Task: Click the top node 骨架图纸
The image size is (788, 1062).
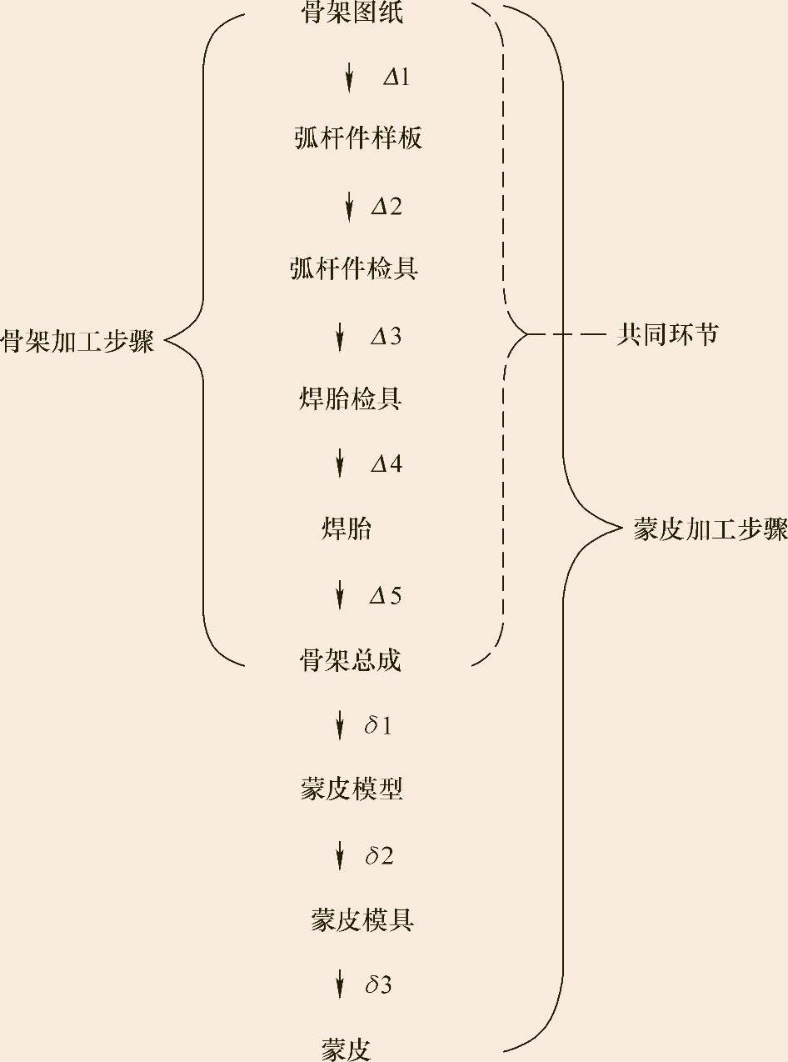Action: click(x=352, y=13)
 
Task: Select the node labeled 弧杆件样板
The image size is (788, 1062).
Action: click(x=358, y=138)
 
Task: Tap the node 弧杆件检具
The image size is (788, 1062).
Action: click(x=354, y=268)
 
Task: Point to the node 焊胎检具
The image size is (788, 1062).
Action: click(x=351, y=398)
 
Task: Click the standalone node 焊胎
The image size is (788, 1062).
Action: click(x=347, y=529)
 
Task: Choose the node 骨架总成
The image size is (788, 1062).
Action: click(x=351, y=661)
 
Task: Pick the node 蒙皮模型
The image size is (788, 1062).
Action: click(x=352, y=789)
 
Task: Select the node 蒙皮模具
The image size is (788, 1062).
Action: click(x=362, y=920)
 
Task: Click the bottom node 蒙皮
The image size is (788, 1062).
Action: click(x=346, y=1049)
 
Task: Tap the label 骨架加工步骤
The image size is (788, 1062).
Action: click(x=77, y=342)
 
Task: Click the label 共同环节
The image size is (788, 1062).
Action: click(x=667, y=336)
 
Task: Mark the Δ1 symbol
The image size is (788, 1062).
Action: click(x=396, y=78)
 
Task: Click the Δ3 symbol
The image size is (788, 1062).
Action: click(x=386, y=337)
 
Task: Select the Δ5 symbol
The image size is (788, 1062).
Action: click(x=386, y=596)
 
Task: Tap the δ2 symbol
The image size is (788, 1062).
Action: click(x=379, y=856)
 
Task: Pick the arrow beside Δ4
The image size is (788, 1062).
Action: click(x=339, y=463)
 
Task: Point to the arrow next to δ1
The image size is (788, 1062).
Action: click(x=339, y=725)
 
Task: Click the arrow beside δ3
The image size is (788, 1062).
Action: click(x=339, y=984)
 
